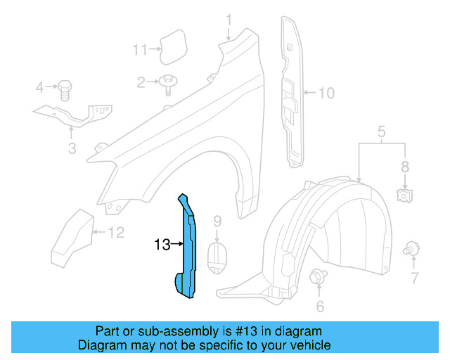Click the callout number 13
pyautogui.click(x=162, y=245)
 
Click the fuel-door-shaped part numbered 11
pyautogui.click(x=171, y=46)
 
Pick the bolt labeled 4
pyautogui.click(x=63, y=89)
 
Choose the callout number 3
pyautogui.click(x=72, y=148)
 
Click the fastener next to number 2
pyautogui.click(x=169, y=83)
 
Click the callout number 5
pyautogui.click(x=382, y=131)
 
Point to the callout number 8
pyautogui.click(x=404, y=167)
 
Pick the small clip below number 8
pyautogui.click(x=404, y=195)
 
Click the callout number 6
pyautogui.click(x=320, y=306)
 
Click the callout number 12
pyautogui.click(x=115, y=232)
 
